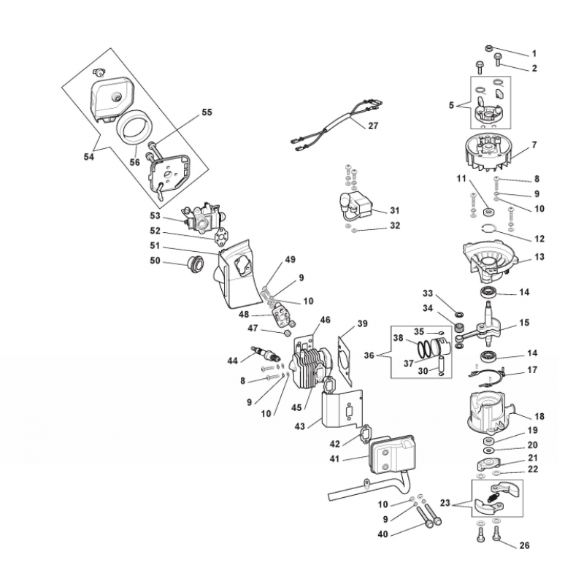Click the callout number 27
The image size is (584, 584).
tap(372, 126)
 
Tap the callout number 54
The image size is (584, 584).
tap(88, 155)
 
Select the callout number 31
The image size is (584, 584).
tap(394, 210)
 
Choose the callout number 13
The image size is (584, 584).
tap(539, 257)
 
